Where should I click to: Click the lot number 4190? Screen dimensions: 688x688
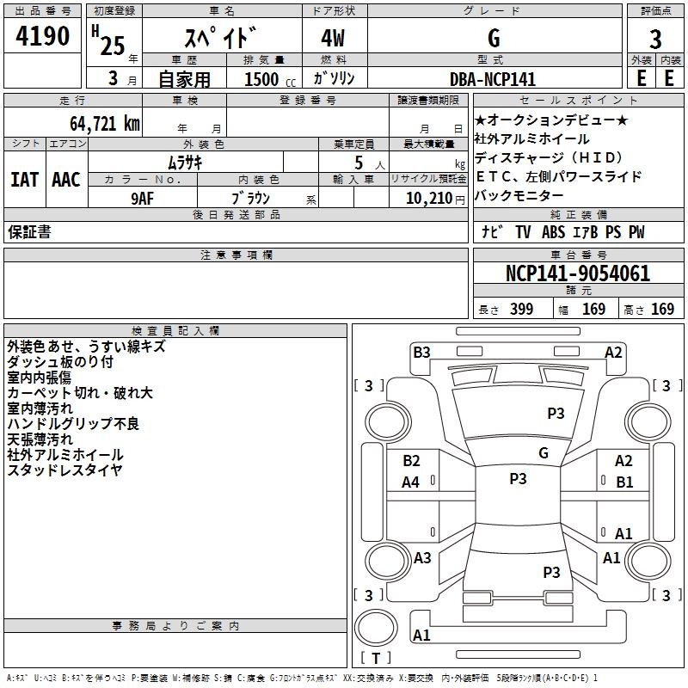pyautogui.click(x=42, y=36)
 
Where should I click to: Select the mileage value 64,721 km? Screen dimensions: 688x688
pyautogui.click(x=105, y=124)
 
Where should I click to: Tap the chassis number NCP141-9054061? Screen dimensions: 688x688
pyautogui.click(x=577, y=273)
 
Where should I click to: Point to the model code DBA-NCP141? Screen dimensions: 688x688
pyautogui.click(x=493, y=79)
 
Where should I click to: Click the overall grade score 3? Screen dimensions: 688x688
pyautogui.click(x=655, y=40)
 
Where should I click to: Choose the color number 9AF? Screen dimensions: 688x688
pyautogui.click(x=143, y=199)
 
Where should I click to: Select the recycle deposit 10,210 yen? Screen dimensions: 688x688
pyautogui.click(x=435, y=199)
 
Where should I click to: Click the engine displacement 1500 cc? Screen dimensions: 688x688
pyautogui.click(x=270, y=79)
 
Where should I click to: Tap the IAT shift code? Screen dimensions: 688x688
pyautogui.click(x=25, y=180)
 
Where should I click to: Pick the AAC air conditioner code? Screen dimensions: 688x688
pyautogui.click(x=66, y=180)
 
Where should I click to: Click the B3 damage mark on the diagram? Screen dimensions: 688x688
pyautogui.click(x=421, y=353)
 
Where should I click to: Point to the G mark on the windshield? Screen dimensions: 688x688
pyautogui.click(x=544, y=453)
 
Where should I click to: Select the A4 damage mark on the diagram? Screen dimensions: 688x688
pyautogui.click(x=411, y=482)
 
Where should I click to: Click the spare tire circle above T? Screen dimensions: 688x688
pyautogui.click(x=376, y=628)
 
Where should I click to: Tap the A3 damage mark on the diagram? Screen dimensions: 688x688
pyautogui.click(x=422, y=558)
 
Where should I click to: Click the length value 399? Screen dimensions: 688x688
pyautogui.click(x=521, y=309)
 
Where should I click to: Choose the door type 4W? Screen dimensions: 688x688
pyautogui.click(x=333, y=38)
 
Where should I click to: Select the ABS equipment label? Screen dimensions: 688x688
pyautogui.click(x=553, y=232)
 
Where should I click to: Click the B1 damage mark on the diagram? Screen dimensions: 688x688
pyautogui.click(x=624, y=482)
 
